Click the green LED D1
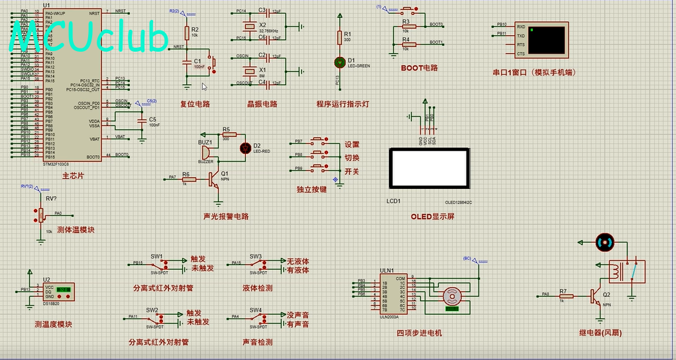[x=339, y=62]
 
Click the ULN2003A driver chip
[x=394, y=293]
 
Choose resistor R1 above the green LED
[x=339, y=37]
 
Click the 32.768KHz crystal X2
[x=249, y=26]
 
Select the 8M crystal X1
[x=249, y=71]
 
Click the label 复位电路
[x=195, y=104]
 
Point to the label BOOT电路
[x=419, y=68]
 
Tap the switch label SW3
[x=256, y=256]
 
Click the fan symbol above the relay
[x=603, y=242]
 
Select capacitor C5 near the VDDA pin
[x=141, y=123]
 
